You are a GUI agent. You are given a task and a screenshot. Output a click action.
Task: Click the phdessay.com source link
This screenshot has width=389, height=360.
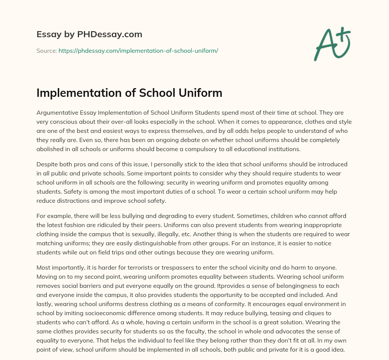(x=138, y=50)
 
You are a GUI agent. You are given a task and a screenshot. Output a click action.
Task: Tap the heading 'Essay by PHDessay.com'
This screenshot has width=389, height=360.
(x=89, y=35)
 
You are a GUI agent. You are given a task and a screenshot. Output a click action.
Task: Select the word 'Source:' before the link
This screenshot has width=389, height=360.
(x=46, y=50)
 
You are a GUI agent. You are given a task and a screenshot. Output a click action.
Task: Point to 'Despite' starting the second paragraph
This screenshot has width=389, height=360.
(x=46, y=164)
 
